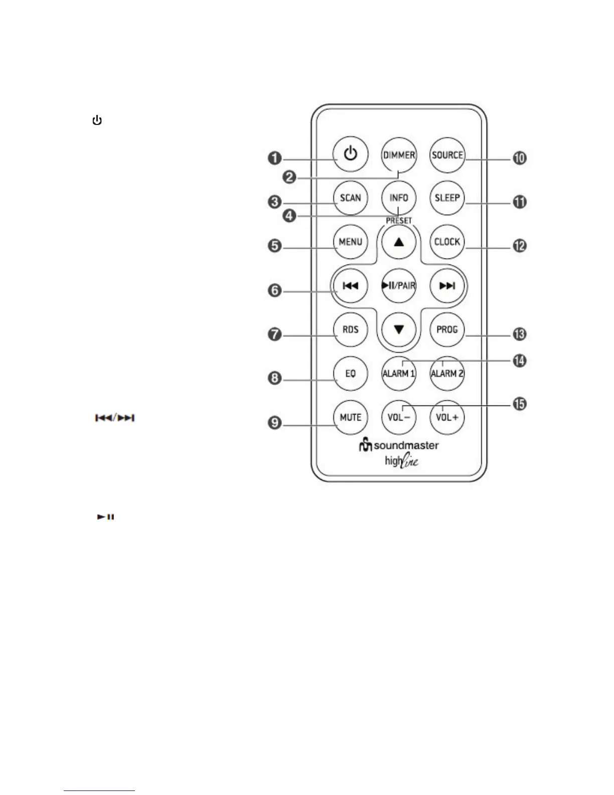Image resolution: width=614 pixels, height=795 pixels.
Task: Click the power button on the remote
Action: tap(351, 154)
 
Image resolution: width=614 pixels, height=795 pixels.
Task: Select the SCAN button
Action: tap(351, 198)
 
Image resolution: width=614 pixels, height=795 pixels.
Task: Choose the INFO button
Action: tap(399, 198)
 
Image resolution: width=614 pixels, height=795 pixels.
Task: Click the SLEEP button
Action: tap(447, 198)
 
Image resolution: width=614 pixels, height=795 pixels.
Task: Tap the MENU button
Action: tap(351, 242)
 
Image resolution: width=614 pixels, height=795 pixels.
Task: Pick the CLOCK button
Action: tap(447, 242)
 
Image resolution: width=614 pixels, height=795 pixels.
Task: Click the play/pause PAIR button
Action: tap(399, 286)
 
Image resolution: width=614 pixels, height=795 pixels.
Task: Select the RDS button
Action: tap(351, 330)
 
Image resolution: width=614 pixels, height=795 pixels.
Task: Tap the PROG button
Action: tap(447, 330)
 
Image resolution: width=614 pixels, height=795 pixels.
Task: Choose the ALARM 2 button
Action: tap(447, 374)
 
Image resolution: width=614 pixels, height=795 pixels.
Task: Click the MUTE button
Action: tap(351, 418)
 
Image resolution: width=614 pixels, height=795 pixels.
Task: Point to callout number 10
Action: tap(519, 159)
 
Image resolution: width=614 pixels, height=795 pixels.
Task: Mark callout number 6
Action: tap(274, 291)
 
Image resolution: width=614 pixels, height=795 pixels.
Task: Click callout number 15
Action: tap(519, 404)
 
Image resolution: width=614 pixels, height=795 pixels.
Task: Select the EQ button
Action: tap(351, 374)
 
